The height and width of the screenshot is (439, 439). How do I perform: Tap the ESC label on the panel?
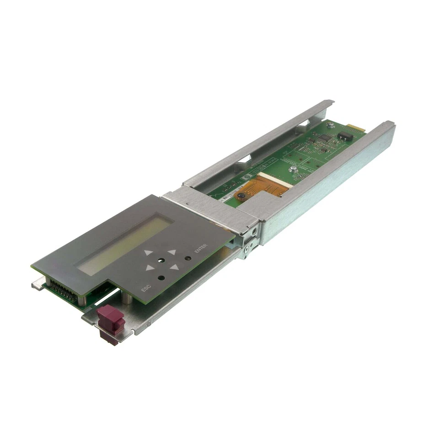tap(146, 289)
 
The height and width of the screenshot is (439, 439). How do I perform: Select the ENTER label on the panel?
tap(201, 250)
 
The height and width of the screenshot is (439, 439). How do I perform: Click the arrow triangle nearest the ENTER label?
tap(171, 252)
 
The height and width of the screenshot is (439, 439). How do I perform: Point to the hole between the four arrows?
tap(161, 261)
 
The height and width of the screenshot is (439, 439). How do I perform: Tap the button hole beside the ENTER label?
tap(187, 258)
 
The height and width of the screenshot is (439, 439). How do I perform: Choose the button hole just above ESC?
tap(161, 278)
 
